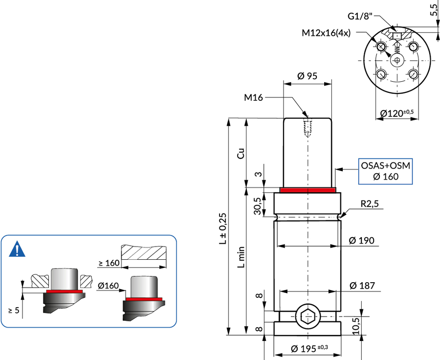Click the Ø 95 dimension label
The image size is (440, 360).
308,76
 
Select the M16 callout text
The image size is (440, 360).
254,98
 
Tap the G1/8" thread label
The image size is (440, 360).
361,16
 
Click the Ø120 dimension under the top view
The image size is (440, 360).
397,113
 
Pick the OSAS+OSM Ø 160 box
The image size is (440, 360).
385,171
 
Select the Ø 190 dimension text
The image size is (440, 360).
362,240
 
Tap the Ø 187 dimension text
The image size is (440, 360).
362,285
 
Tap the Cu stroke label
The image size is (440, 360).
240,153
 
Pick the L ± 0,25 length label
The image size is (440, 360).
223,228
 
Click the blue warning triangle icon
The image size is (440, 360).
17,250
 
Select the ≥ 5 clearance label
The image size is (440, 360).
14,310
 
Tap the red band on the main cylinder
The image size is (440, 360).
308,190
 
